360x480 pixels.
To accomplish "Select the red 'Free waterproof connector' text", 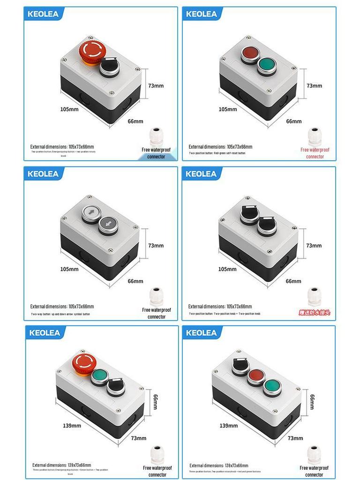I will pyautogui.click(x=315, y=153).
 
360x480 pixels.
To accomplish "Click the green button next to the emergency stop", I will pyautogui.click(x=99, y=376).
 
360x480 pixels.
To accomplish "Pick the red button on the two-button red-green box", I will pyautogui.click(x=249, y=54).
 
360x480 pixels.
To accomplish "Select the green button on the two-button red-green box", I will pyautogui.click(x=266, y=65).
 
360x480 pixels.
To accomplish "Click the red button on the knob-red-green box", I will pyautogui.click(x=256, y=376).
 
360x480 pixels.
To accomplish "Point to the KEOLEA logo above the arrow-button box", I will pyautogui.click(x=43, y=174).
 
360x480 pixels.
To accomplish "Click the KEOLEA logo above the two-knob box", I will pyautogui.click(x=201, y=174).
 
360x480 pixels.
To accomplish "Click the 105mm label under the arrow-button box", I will pyautogui.click(x=69, y=269).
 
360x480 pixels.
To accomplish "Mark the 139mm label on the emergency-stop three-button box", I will pyautogui.click(x=72, y=426).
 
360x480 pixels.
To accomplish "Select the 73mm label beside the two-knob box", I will pyautogui.click(x=314, y=246).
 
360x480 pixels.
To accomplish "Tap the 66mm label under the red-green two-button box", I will pyautogui.click(x=294, y=121).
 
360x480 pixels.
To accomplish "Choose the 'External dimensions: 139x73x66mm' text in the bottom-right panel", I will pyautogui.click(x=219, y=465).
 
